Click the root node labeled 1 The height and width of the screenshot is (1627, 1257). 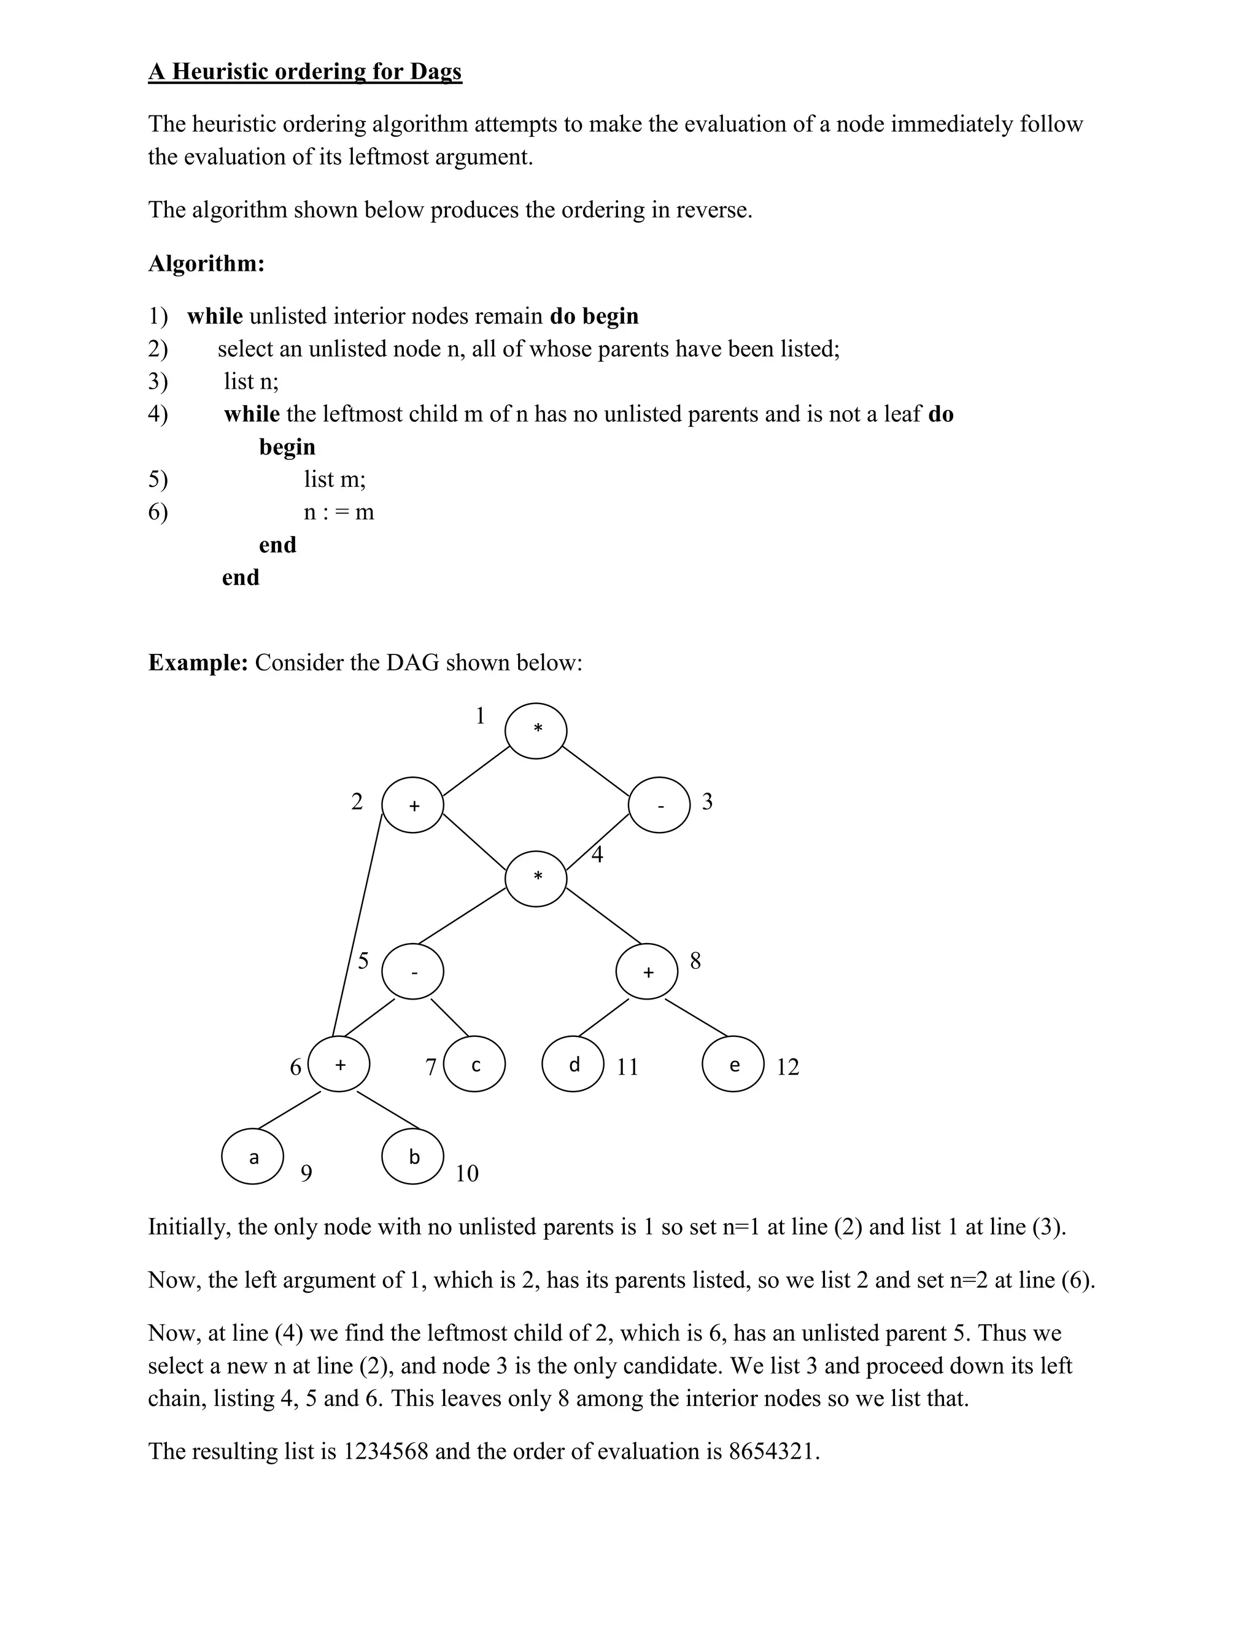tap(535, 731)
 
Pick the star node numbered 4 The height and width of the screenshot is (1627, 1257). tap(535, 879)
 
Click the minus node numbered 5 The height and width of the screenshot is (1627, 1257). tap(412, 971)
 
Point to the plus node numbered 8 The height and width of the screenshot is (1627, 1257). tap(646, 971)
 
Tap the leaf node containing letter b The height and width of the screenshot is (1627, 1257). tap(412, 1156)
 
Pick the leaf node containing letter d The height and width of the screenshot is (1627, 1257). tap(573, 1064)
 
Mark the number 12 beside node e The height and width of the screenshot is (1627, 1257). tap(787, 1068)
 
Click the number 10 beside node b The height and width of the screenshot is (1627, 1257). tap(467, 1174)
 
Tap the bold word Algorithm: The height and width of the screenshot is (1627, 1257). tap(206, 263)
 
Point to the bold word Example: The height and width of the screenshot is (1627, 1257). tap(198, 662)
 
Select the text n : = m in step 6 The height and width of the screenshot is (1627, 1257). tap(339, 513)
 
